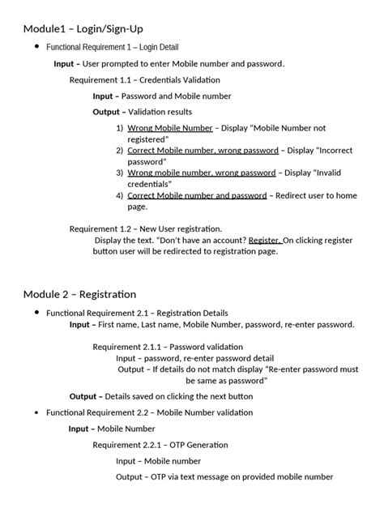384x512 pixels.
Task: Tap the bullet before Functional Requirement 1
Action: point(36,48)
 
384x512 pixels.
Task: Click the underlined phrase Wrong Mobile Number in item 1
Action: point(170,128)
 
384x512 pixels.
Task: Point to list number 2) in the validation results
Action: point(119,151)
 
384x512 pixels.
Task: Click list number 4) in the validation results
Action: point(119,195)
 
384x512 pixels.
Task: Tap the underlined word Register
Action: point(265,240)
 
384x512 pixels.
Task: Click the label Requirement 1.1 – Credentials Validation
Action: point(144,80)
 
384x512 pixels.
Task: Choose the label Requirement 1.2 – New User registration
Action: point(146,228)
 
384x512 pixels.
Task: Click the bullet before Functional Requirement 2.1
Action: point(36,313)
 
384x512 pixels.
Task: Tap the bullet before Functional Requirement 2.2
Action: point(36,412)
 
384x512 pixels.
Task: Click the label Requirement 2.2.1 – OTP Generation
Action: point(160,445)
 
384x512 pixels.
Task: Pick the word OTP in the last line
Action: point(159,476)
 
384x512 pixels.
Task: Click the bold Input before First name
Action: point(79,325)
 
